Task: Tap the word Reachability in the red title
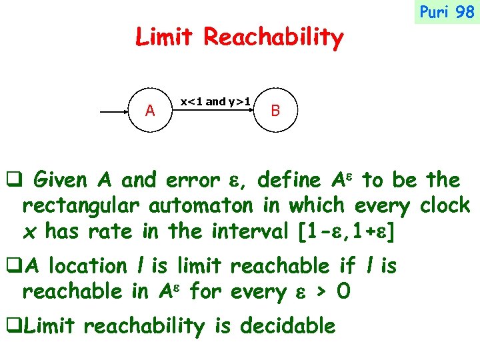(x=273, y=39)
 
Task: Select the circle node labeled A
(x=150, y=111)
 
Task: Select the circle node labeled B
(x=275, y=111)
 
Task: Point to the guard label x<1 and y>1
(x=216, y=101)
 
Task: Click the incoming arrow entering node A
(x=113, y=114)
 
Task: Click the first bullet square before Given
(x=13, y=181)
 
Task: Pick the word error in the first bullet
(x=192, y=180)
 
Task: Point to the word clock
(x=445, y=205)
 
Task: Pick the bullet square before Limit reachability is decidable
(x=13, y=327)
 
